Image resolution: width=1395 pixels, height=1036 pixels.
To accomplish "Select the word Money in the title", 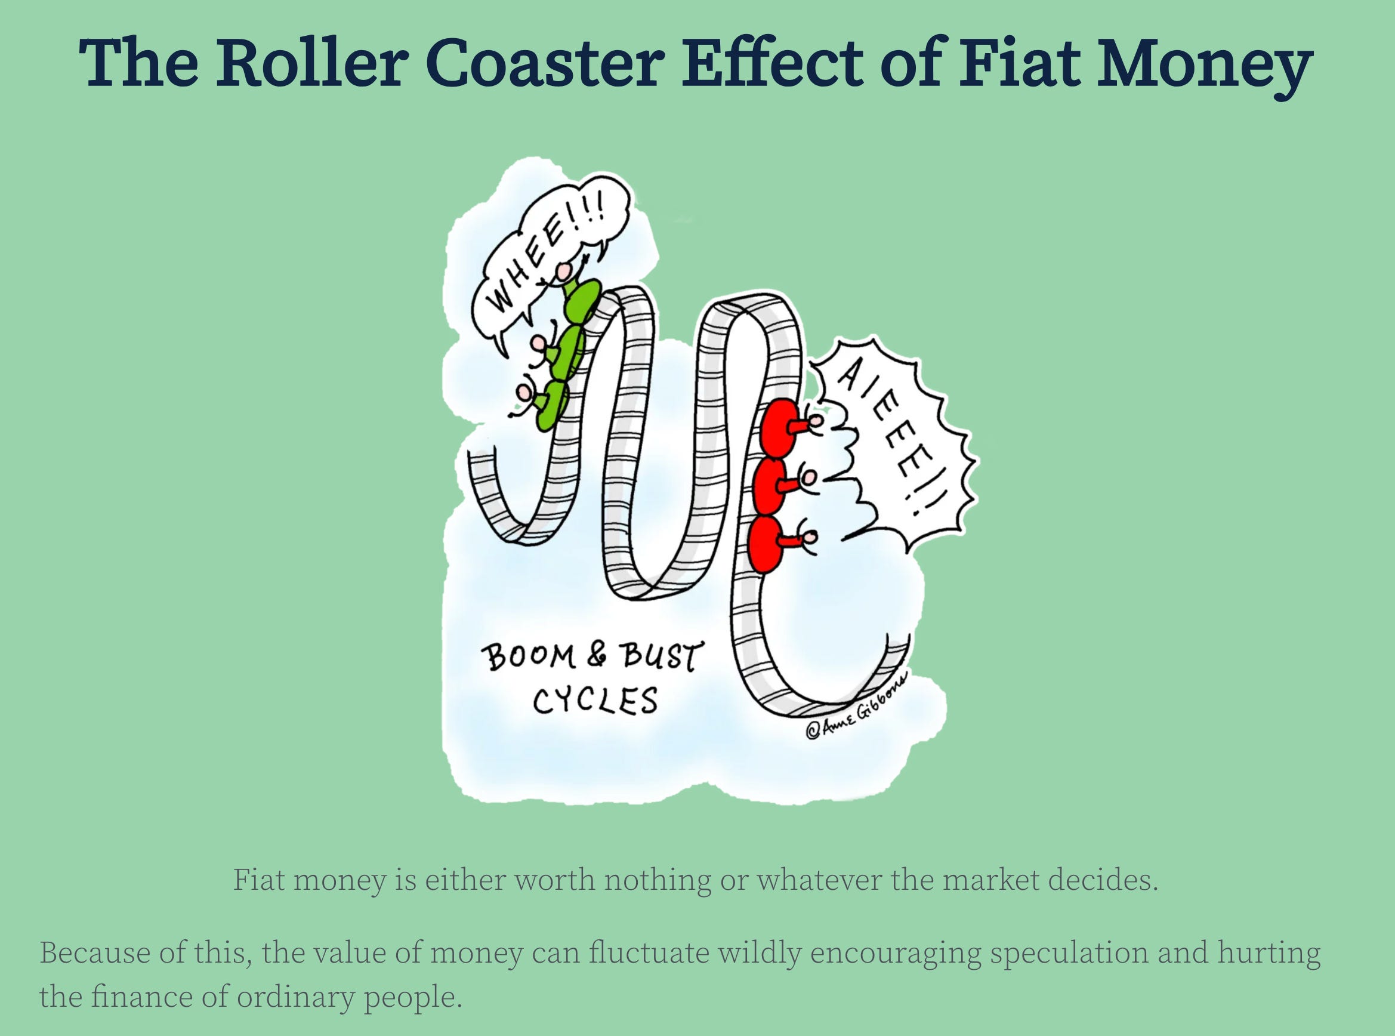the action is coord(1204,66).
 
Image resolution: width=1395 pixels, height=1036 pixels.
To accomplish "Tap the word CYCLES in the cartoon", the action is coord(595,701).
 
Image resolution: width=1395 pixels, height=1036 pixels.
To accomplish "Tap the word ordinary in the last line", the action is coord(295,997).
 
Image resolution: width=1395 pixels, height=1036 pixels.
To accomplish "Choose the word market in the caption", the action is coord(992,880).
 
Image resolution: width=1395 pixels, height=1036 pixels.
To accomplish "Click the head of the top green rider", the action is coord(566,272).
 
